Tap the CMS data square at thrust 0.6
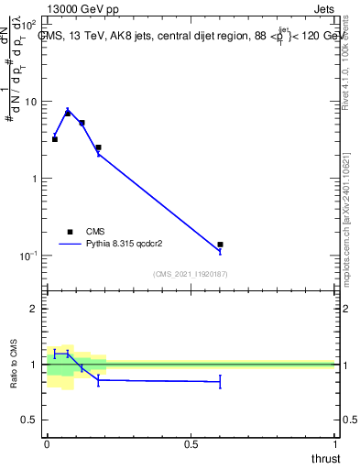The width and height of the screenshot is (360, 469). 221,245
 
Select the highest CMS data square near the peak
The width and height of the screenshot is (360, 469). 68,113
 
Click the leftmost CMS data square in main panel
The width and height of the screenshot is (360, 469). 55,139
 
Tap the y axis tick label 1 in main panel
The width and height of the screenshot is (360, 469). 35,178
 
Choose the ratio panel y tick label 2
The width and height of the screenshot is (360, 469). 35,309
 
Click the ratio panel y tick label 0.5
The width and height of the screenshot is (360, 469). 30,420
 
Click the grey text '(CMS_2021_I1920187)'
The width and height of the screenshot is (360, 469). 190,274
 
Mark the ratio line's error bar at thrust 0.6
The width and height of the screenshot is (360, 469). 221,382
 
